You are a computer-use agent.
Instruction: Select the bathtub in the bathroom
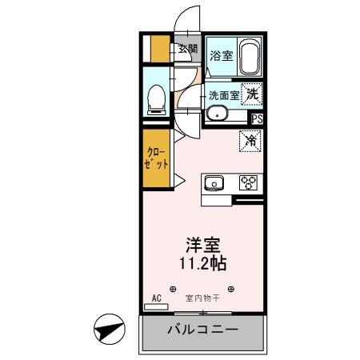pyautogui.click(x=250, y=58)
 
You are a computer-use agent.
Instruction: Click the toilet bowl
pyautogui.click(x=157, y=98)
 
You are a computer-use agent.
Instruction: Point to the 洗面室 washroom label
pyautogui.click(x=224, y=94)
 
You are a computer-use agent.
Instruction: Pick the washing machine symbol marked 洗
pyautogui.click(x=253, y=93)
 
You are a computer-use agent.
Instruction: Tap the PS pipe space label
pyautogui.click(x=256, y=118)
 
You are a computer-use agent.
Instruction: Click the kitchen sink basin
pyautogui.click(x=215, y=183)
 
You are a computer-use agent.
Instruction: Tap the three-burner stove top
pyautogui.click(x=247, y=182)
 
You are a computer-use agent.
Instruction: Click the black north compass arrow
pyautogui.click(x=109, y=328)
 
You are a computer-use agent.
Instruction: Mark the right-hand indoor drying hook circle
pyautogui.click(x=232, y=288)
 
